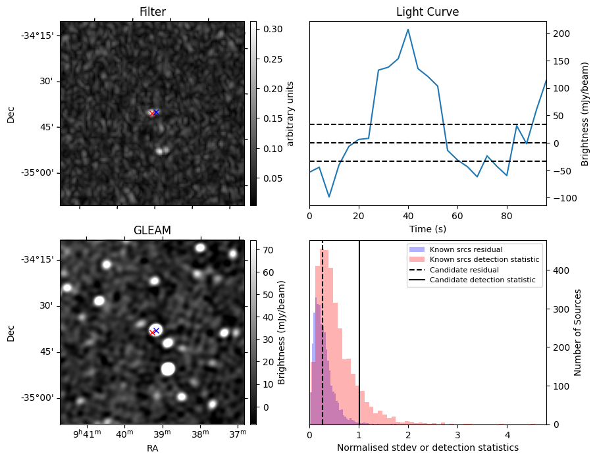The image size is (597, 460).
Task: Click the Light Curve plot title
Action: click(427, 12)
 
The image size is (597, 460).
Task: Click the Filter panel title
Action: click(152, 12)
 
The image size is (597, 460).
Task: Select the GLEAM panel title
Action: click(152, 230)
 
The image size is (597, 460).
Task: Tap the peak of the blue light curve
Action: click(408, 30)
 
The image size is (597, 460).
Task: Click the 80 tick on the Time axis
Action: click(506, 215)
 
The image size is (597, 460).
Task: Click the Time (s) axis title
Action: click(427, 228)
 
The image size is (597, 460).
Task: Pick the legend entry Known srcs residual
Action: click(466, 249)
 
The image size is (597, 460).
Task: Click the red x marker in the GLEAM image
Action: click(153, 332)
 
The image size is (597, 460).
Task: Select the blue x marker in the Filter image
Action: click(156, 113)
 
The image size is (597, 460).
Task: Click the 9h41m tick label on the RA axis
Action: click(88, 433)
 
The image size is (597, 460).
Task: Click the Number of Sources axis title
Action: click(578, 332)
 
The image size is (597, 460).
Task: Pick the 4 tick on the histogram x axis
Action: click(507, 435)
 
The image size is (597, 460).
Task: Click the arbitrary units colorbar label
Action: click(290, 113)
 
